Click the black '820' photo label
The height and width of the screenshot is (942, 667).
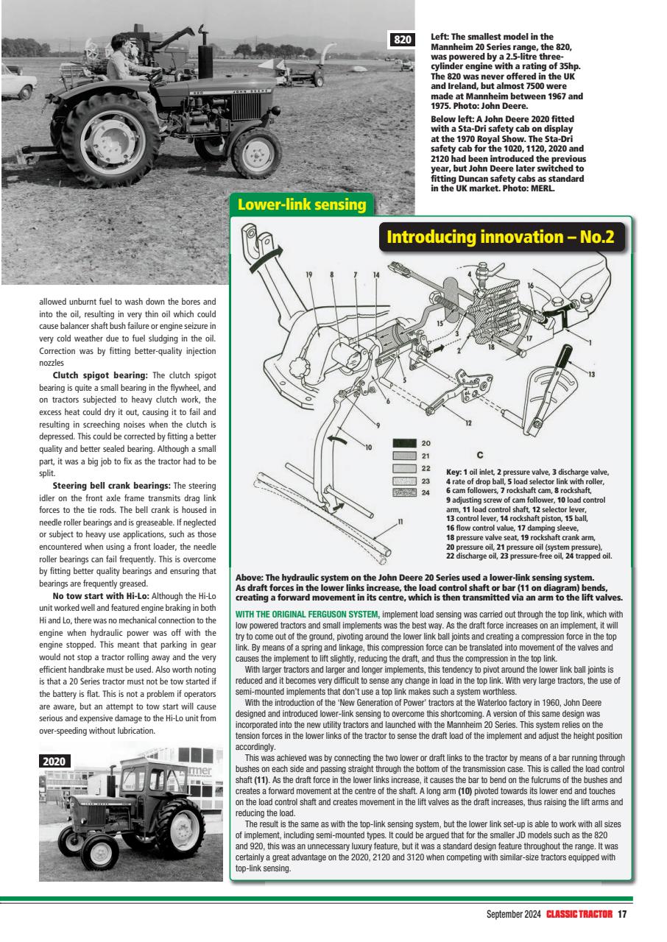[403, 40]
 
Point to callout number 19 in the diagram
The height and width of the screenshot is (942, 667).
[309, 275]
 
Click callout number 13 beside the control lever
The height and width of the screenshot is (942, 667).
[591, 375]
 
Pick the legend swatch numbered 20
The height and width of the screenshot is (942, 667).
[404, 443]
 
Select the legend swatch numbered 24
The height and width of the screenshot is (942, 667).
[404, 492]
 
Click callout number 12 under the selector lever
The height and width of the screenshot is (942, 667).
[469, 422]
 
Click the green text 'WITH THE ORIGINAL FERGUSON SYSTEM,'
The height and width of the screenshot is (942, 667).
[307, 615]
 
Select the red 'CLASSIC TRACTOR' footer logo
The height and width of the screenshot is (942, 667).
[579, 915]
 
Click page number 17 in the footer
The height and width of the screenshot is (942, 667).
[622, 915]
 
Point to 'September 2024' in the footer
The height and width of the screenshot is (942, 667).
[513, 915]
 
